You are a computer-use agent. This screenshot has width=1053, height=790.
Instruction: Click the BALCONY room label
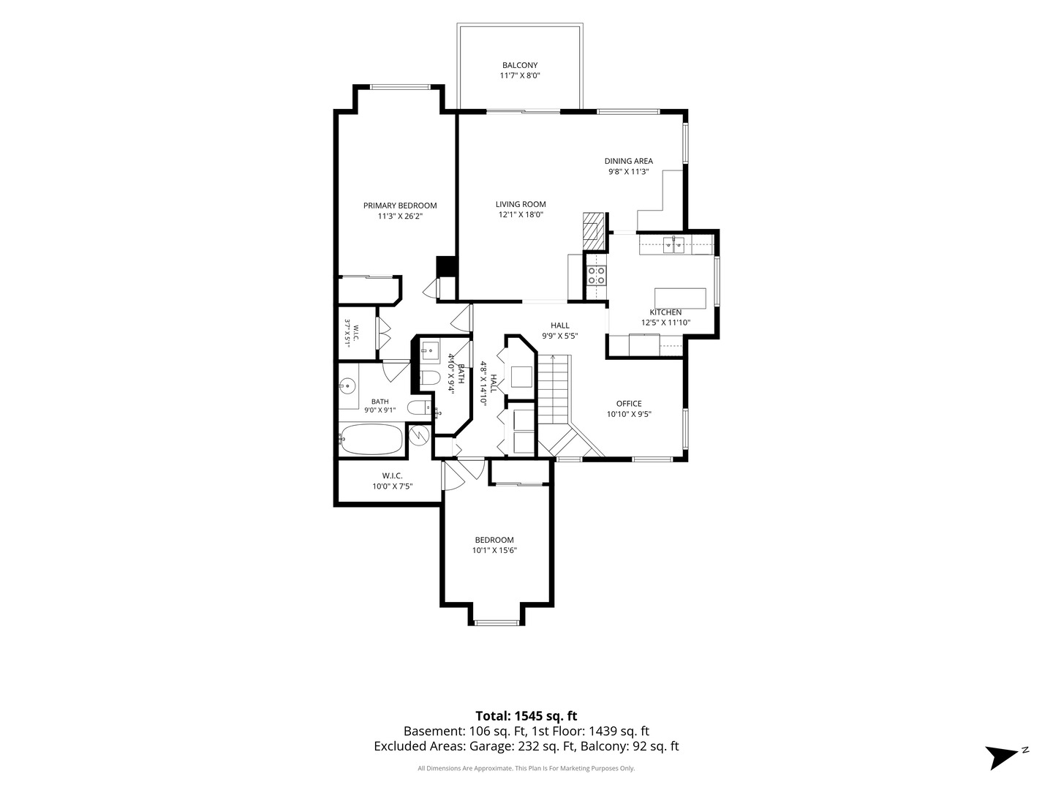click(519, 65)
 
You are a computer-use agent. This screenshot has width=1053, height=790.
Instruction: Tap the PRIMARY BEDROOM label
click(399, 206)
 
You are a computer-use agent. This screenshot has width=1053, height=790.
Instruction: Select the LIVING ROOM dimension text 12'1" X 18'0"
click(521, 215)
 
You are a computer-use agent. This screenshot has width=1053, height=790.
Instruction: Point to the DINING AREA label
click(628, 161)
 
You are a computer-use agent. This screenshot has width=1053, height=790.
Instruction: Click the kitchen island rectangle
click(680, 299)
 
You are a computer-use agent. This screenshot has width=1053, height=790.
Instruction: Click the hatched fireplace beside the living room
click(594, 232)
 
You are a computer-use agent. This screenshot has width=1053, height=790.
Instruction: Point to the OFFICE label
click(629, 404)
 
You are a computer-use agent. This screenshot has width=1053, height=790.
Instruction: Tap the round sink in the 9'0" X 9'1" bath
click(347, 385)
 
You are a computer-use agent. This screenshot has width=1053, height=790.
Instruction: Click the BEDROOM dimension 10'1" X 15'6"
click(494, 550)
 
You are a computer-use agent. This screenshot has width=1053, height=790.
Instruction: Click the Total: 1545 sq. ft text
click(526, 716)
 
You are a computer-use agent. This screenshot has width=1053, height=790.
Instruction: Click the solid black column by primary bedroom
click(445, 267)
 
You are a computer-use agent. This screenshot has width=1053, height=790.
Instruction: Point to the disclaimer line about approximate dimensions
click(526, 768)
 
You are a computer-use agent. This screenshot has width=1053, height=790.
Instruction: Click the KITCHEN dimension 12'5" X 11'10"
click(666, 323)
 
